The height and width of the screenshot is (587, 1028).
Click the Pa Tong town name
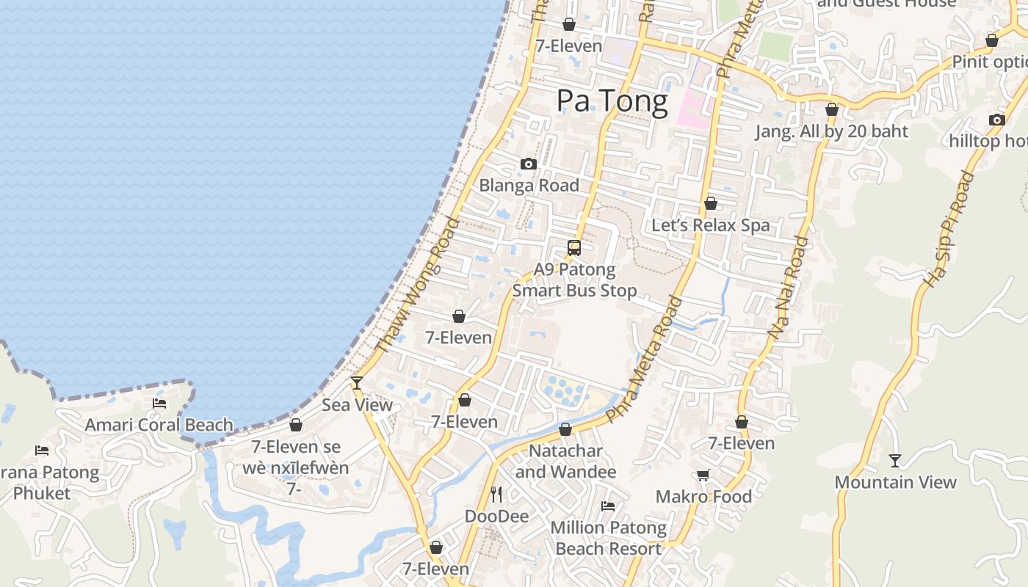(x=612, y=101)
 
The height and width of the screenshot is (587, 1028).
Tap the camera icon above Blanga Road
(x=529, y=164)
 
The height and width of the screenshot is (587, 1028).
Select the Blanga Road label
(x=529, y=186)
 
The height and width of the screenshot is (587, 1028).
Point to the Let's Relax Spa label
(x=711, y=225)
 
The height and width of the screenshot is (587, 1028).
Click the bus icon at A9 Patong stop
(x=574, y=248)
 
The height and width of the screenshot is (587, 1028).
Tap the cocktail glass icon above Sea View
(x=357, y=382)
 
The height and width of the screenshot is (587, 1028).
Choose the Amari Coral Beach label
(x=159, y=425)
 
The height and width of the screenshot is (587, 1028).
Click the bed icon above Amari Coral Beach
(x=159, y=404)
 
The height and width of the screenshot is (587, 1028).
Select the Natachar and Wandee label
(x=565, y=461)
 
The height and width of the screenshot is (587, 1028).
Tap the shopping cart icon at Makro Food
(x=703, y=475)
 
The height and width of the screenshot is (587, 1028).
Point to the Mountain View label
(x=895, y=482)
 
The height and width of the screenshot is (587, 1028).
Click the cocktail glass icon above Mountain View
(x=895, y=461)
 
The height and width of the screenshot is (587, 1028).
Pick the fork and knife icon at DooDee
(x=496, y=495)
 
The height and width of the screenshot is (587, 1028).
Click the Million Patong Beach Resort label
(x=608, y=538)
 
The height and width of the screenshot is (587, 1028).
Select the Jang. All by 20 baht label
(x=832, y=131)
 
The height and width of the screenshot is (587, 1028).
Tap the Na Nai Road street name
(x=788, y=287)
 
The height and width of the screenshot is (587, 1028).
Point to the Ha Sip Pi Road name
(x=949, y=229)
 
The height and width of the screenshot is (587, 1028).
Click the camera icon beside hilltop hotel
(x=996, y=120)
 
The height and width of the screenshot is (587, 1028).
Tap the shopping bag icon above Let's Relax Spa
(x=711, y=203)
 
